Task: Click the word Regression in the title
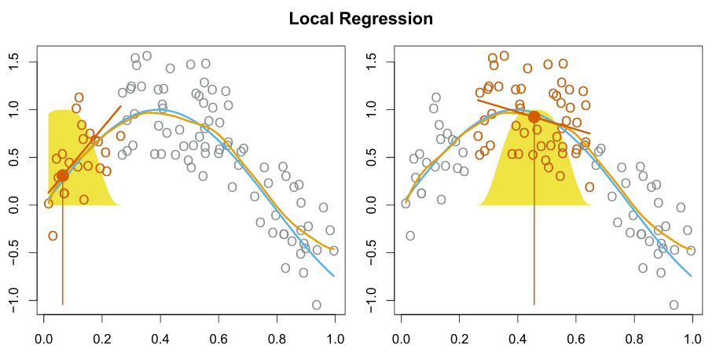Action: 387,19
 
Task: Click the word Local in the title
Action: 312,18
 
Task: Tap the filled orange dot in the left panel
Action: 63,175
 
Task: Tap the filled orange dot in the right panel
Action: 534,117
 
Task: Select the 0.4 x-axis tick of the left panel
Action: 160,339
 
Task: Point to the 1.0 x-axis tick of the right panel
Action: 692,339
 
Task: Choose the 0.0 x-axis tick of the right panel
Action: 402,339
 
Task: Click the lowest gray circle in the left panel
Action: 317,305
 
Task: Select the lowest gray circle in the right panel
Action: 674,305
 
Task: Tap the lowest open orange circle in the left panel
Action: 53,236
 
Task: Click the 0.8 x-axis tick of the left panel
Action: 277,339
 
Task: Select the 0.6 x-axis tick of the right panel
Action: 576,339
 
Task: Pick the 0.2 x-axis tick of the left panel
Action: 102,339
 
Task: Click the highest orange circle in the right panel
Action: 504,56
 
